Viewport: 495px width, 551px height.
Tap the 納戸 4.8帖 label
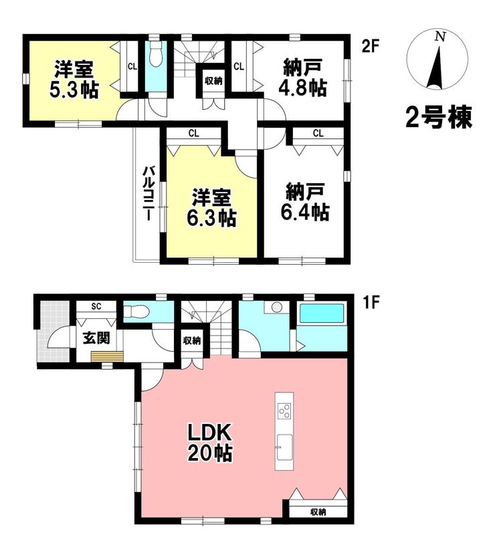pyautogui.click(x=303, y=78)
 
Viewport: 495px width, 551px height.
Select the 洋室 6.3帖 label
pyautogui.click(x=211, y=208)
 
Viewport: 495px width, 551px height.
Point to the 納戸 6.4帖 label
pyautogui.click(x=305, y=202)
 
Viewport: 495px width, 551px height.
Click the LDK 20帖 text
pyautogui.click(x=210, y=443)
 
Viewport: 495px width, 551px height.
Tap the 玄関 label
pyautogui.click(x=96, y=338)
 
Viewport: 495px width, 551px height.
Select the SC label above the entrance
pyautogui.click(x=96, y=306)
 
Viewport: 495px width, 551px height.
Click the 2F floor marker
pyautogui.click(x=371, y=46)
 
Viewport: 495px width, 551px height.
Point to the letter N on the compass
pyautogui.click(x=440, y=37)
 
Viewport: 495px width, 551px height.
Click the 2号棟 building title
pyautogui.click(x=438, y=118)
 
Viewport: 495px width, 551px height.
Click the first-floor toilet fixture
pyautogui.click(x=137, y=311)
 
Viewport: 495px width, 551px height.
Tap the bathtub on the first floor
pyautogui.click(x=321, y=313)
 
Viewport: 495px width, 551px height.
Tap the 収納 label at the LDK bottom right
pyautogui.click(x=318, y=512)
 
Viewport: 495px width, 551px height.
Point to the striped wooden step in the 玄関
pyautogui.click(x=107, y=356)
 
